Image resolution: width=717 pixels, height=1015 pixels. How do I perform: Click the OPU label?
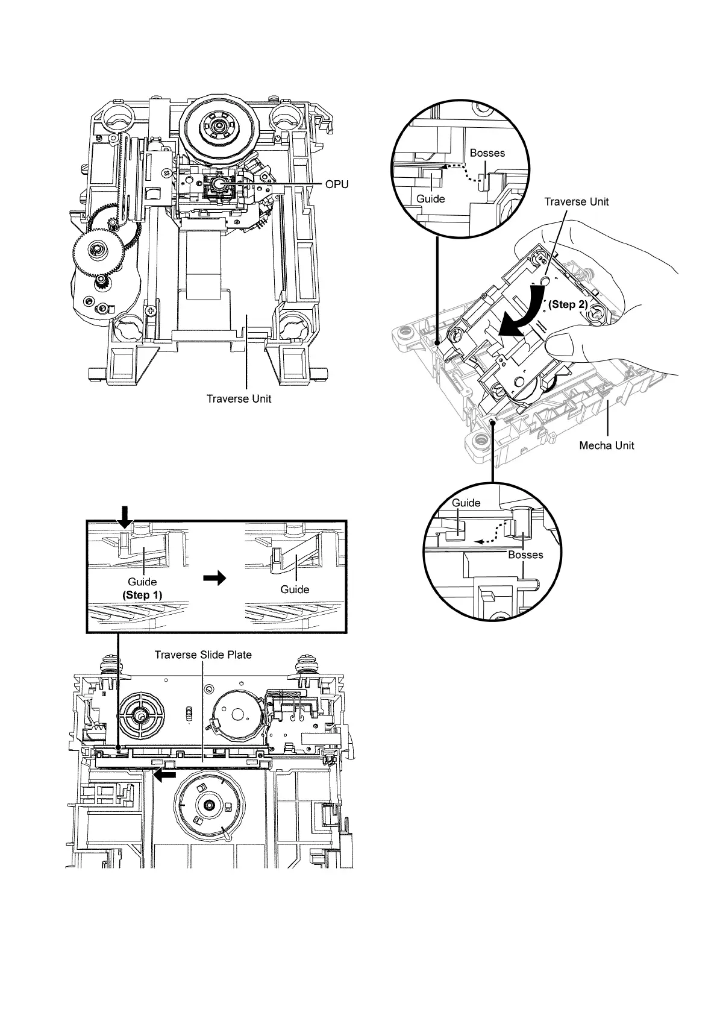[x=336, y=184]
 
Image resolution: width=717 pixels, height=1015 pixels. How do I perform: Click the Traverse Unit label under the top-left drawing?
[x=239, y=398]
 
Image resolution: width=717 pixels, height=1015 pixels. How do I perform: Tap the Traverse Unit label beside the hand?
[x=576, y=201]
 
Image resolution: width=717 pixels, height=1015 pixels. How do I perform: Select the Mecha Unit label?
[x=606, y=445]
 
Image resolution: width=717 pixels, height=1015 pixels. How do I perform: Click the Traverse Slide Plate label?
[x=203, y=655]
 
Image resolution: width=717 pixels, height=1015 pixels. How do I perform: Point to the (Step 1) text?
[x=142, y=594]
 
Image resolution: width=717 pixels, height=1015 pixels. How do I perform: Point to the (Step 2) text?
[x=567, y=304]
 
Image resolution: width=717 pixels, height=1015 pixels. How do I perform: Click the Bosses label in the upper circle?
[x=487, y=153]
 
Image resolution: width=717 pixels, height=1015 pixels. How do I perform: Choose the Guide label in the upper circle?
[x=430, y=199]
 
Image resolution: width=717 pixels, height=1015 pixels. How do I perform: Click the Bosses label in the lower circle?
[x=525, y=555]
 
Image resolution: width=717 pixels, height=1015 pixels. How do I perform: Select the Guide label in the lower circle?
[x=466, y=503]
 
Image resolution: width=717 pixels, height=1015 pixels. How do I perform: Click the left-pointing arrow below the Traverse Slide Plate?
[x=164, y=776]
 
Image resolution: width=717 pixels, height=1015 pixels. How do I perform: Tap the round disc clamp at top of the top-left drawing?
[x=218, y=128]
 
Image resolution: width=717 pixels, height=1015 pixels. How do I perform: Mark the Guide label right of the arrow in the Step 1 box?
[x=295, y=589]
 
